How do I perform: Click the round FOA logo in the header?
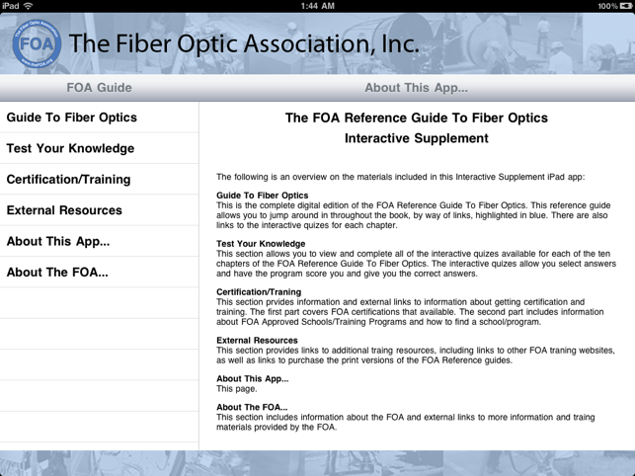37,43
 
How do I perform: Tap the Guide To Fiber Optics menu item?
72,118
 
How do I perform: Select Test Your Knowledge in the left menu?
70,148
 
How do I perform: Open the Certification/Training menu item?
68,179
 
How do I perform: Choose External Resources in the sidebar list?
64,210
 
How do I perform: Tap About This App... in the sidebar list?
58,241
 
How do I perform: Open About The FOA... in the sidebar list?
57,273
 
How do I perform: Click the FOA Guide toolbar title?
99,88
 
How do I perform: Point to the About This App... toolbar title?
417,88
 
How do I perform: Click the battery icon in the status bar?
625,6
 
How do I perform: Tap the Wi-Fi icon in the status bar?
28,6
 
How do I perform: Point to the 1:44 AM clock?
318,6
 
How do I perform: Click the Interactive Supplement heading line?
417,138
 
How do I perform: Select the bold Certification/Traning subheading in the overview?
259,291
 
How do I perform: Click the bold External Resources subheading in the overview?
257,341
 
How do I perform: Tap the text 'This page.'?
236,389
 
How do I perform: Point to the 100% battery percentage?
608,6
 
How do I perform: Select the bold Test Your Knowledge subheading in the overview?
261,244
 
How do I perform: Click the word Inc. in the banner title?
400,43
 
